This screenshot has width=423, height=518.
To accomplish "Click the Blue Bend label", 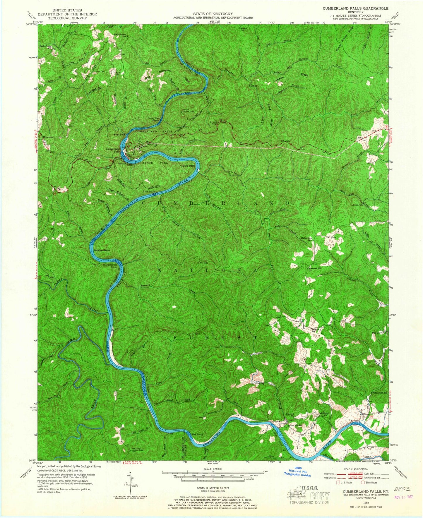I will (189, 166).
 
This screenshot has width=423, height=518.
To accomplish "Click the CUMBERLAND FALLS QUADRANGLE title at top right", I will (356, 8).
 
